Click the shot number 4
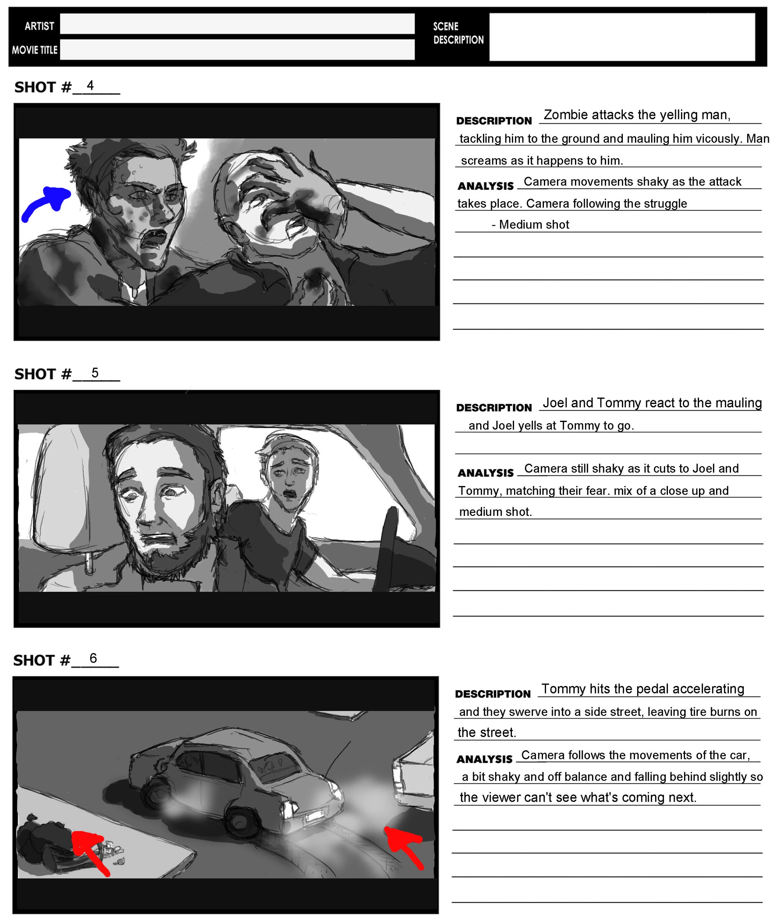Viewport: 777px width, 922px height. click(x=90, y=85)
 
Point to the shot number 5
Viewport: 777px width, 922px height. click(x=95, y=373)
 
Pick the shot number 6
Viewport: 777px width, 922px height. click(x=93, y=658)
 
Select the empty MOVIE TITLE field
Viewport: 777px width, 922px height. click(x=237, y=49)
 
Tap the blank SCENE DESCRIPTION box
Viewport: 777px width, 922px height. click(x=622, y=37)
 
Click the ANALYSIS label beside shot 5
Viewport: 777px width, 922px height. click(x=485, y=473)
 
